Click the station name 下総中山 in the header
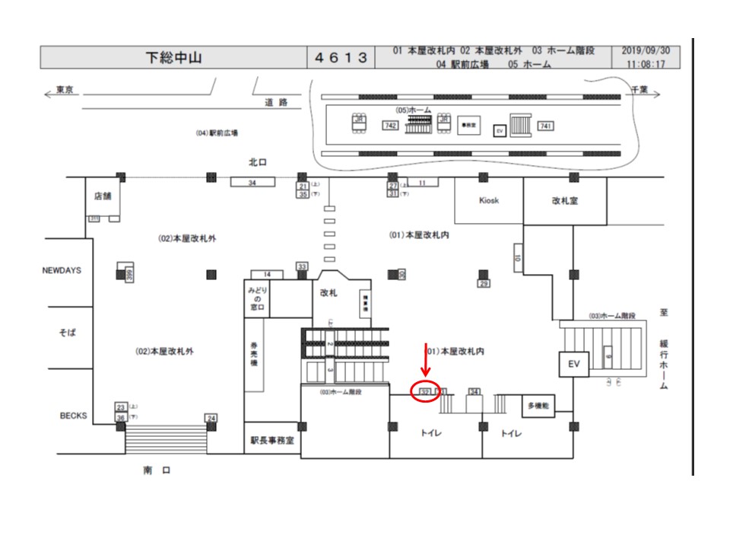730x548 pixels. (173, 58)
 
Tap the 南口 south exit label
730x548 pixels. (156, 470)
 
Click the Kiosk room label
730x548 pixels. (488, 201)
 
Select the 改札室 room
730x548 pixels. (565, 201)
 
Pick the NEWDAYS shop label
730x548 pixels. (61, 270)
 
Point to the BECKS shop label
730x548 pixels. (73, 416)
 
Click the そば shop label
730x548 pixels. (68, 333)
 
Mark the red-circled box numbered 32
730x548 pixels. (426, 391)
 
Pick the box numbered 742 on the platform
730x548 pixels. (391, 126)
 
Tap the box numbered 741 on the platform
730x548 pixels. (545, 126)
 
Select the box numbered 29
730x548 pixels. (484, 284)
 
